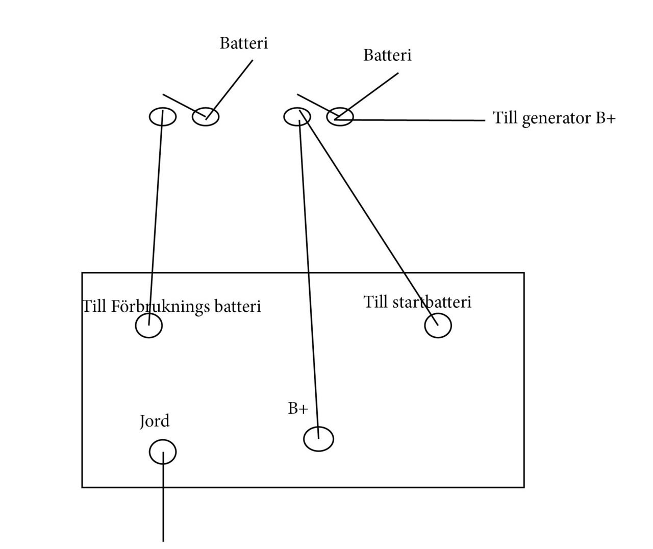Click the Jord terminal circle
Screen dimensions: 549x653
tap(163, 452)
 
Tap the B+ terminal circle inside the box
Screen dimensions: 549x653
tap(318, 439)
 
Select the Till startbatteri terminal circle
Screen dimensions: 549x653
tap(438, 326)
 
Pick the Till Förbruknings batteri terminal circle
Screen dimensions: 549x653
tap(149, 326)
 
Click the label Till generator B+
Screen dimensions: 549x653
tap(554, 118)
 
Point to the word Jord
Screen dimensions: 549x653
tap(155, 421)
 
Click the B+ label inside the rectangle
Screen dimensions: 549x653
tap(298, 409)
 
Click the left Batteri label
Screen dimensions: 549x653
tap(244, 43)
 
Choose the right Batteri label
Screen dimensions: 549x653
tap(387, 55)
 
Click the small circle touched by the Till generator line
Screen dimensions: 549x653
tap(340, 117)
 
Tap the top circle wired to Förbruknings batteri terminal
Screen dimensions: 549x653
tap(163, 117)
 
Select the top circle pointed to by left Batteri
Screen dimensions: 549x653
tap(206, 117)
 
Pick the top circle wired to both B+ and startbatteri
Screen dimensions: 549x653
tap(297, 117)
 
